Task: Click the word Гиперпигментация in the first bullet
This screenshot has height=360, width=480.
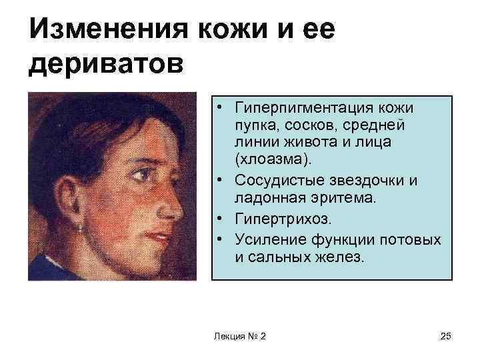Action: click(x=290, y=107)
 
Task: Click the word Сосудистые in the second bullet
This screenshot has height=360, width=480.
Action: click(x=270, y=179)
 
